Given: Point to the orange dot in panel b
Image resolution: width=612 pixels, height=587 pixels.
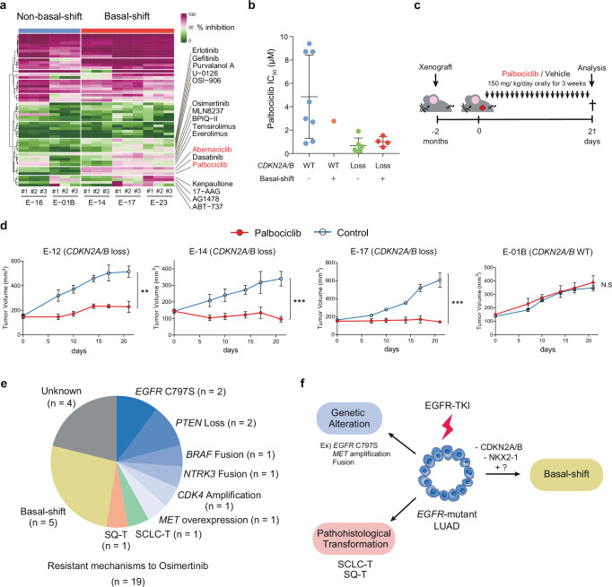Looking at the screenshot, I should (335, 120).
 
